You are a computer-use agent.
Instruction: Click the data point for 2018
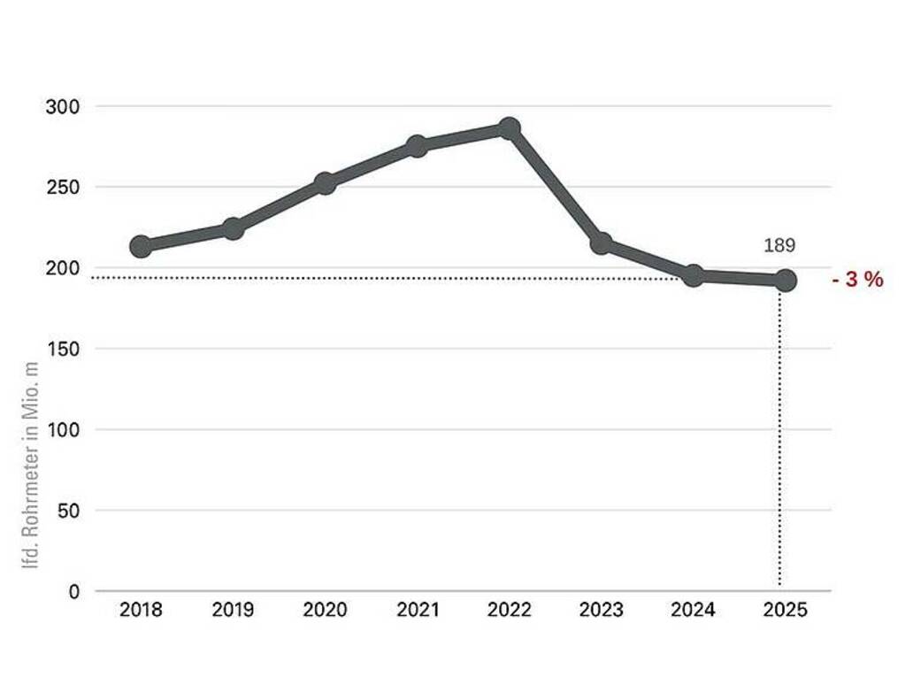[141, 246]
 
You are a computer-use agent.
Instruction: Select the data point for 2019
[233, 229]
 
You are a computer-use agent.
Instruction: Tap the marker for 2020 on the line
[325, 183]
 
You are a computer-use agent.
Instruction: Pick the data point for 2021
[417, 146]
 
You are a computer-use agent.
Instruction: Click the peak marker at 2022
[509, 128]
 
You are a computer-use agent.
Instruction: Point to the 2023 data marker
[601, 243]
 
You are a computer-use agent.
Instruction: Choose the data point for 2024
[694, 276]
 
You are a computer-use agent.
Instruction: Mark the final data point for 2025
[785, 281]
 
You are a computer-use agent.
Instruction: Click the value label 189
[779, 245]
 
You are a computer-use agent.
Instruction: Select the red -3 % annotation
[857, 281]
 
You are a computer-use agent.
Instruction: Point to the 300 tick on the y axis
[63, 107]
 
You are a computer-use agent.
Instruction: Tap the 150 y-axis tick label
[63, 350]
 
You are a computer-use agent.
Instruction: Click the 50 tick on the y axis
[68, 511]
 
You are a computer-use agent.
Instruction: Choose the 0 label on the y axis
[74, 591]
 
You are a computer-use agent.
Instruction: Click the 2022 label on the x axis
[509, 611]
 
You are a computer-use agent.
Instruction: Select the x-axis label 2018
[141, 611]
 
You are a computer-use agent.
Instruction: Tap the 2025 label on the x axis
[785, 611]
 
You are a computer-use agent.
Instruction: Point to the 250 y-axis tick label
[63, 188]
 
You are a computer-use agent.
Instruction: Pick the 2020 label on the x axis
[325, 611]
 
